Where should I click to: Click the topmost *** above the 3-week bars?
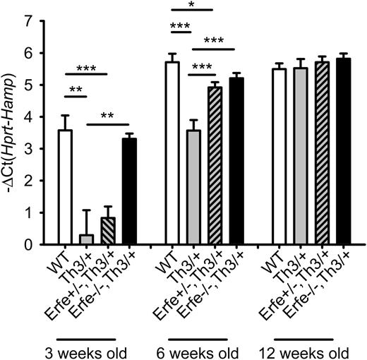click(x=87, y=67)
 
